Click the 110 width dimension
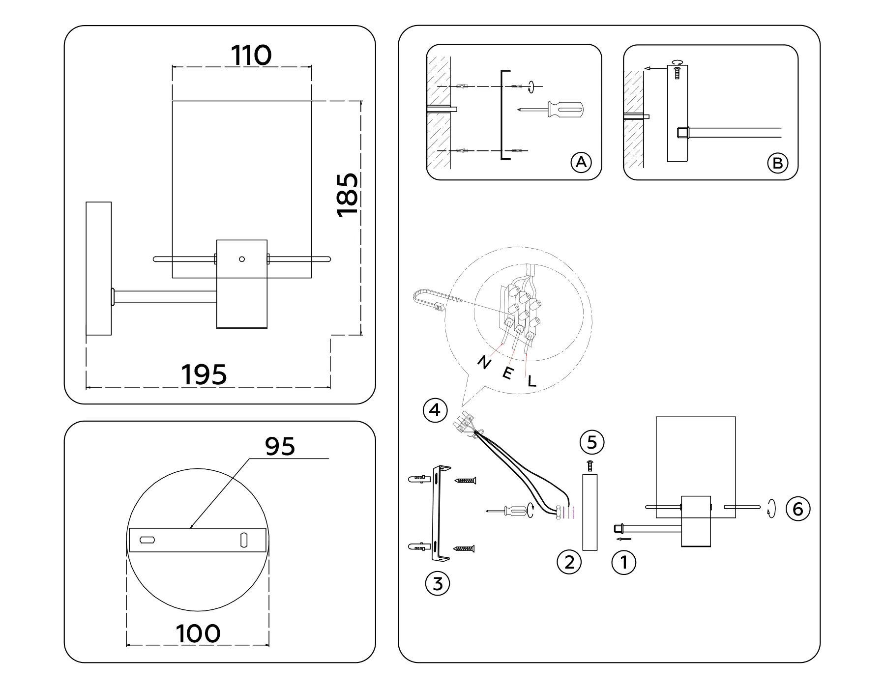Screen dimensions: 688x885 coord(251,55)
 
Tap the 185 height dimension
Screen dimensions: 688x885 coord(348,195)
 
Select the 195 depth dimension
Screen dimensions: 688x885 coord(205,375)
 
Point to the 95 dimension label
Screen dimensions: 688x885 coord(280,446)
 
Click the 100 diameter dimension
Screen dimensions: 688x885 coord(198,634)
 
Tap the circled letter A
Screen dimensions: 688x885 coord(581,162)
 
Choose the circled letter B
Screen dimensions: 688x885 coord(777,163)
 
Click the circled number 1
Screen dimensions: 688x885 coord(623,562)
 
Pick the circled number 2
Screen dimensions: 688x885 coord(569,562)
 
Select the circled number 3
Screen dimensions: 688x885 coord(437,584)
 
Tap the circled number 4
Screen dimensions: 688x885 coord(435,410)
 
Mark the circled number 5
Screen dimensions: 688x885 coord(592,442)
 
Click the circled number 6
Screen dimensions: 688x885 coord(797,508)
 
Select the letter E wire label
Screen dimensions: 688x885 coord(508,373)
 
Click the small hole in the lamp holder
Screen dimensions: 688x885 coord(241,259)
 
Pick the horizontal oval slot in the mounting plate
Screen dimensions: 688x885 coord(147,540)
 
